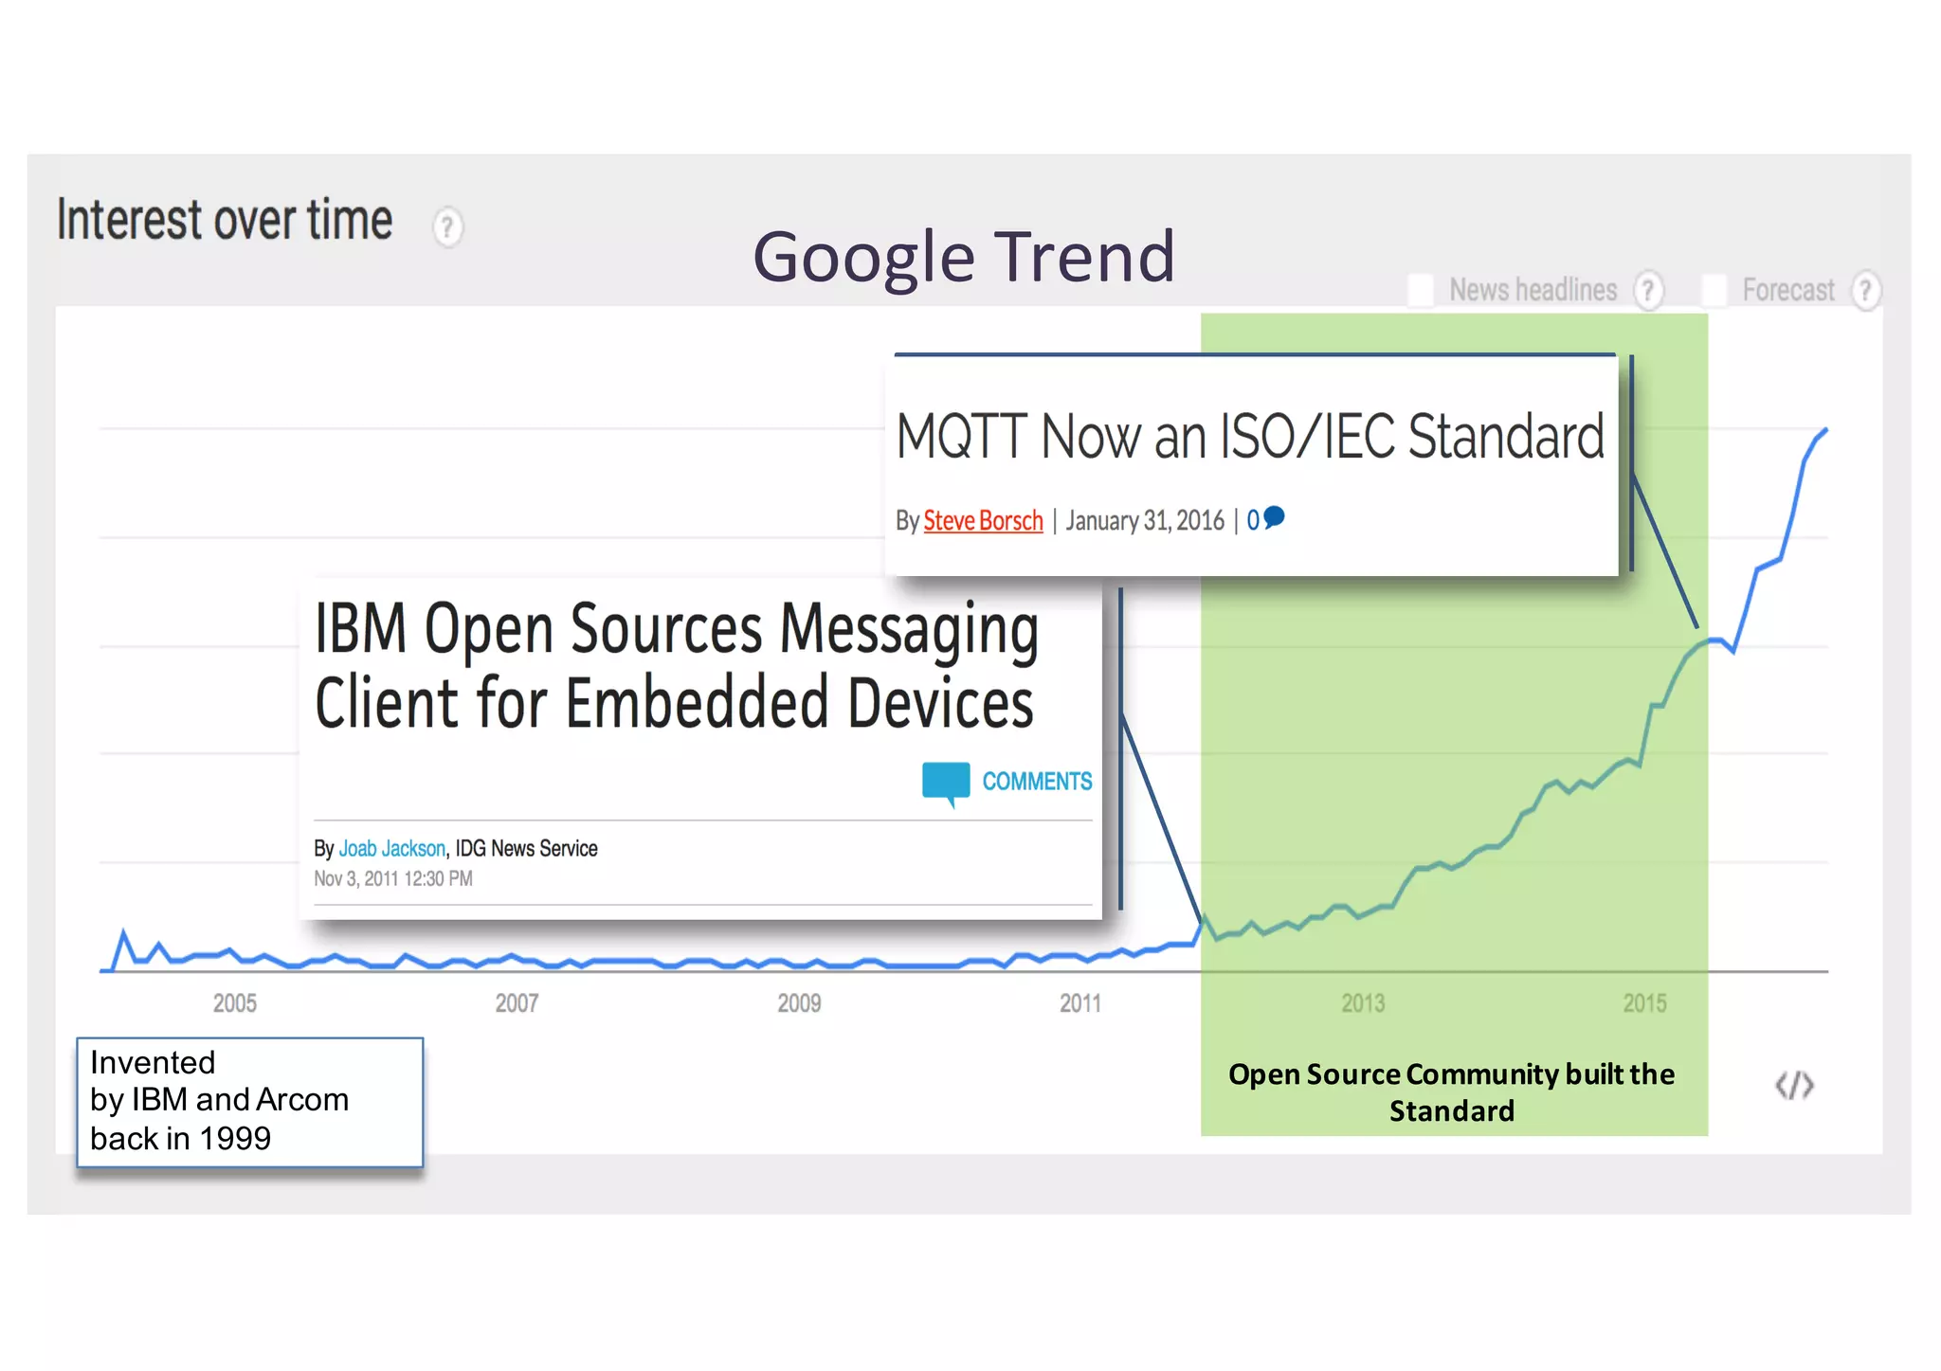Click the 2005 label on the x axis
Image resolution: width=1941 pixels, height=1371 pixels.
pyautogui.click(x=234, y=1003)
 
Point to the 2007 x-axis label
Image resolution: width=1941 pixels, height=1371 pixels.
pyautogui.click(x=517, y=1003)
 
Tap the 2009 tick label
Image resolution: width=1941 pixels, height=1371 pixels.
pyautogui.click(x=799, y=1003)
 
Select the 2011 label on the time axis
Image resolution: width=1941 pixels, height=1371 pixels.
pyautogui.click(x=1080, y=1003)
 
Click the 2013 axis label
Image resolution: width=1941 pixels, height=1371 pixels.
pyautogui.click(x=1363, y=1003)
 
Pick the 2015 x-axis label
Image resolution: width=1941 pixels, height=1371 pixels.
pyautogui.click(x=1644, y=1003)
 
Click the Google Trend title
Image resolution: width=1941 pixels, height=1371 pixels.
pyautogui.click(x=964, y=257)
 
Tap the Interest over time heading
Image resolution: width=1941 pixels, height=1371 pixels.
pyautogui.click(x=225, y=220)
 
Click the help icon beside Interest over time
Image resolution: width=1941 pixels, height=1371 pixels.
pyautogui.click(x=447, y=227)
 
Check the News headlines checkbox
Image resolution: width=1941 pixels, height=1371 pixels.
pyautogui.click(x=1421, y=290)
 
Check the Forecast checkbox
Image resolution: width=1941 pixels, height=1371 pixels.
pyautogui.click(x=1714, y=290)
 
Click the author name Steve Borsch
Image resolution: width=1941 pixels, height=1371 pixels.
pyautogui.click(x=983, y=521)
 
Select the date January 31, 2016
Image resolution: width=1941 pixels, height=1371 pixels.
pyautogui.click(x=1145, y=521)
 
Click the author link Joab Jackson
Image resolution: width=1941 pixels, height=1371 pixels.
pyautogui.click(x=392, y=849)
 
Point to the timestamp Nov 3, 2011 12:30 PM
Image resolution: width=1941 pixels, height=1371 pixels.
pyautogui.click(x=393, y=879)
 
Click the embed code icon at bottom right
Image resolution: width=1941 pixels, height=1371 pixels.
pyautogui.click(x=1794, y=1085)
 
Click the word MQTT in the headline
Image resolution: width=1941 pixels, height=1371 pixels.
pyautogui.click(x=962, y=438)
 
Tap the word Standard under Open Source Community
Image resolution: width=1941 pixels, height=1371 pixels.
pyautogui.click(x=1452, y=1111)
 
